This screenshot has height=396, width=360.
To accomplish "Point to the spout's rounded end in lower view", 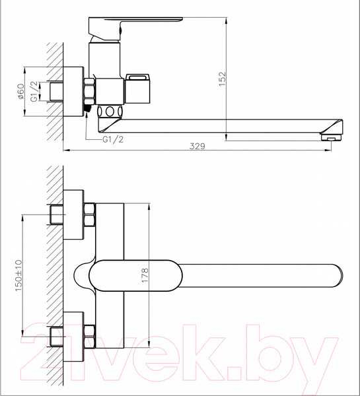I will click(x=336, y=276).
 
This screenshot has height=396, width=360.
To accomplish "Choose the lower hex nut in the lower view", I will click(x=89, y=337).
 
